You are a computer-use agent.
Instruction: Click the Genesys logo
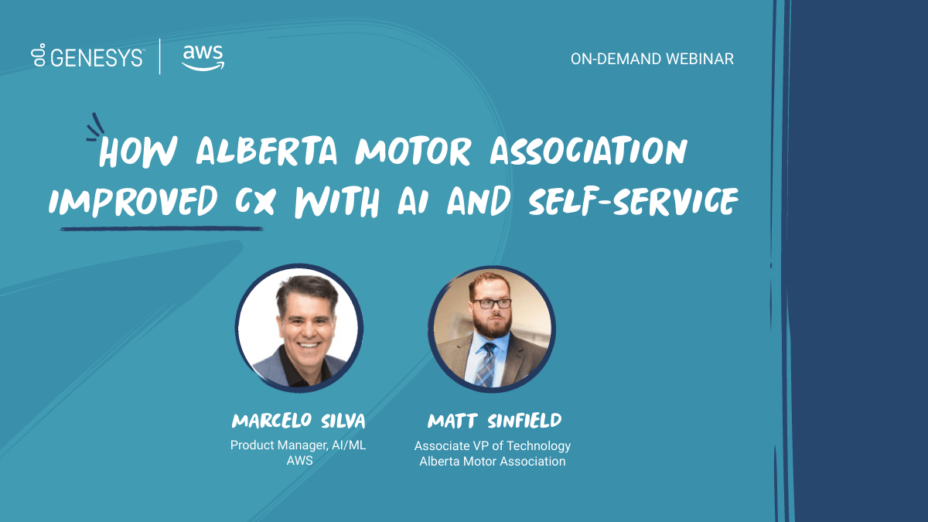(x=87, y=56)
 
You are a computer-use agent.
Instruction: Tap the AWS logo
(x=203, y=57)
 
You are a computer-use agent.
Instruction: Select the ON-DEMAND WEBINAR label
(x=652, y=60)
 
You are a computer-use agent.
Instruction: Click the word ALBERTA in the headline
(x=267, y=152)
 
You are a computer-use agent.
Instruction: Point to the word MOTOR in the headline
(x=414, y=152)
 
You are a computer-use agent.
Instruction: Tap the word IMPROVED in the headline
(x=133, y=202)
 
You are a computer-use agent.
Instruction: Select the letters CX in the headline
(x=254, y=202)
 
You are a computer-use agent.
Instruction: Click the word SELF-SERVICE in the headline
(x=633, y=201)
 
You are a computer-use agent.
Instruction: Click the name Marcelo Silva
(x=299, y=421)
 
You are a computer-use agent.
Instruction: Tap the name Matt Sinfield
(x=494, y=421)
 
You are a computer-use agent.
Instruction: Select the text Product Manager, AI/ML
(x=298, y=445)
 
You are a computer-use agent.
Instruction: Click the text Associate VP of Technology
(x=493, y=445)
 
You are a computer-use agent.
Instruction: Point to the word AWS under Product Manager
(x=299, y=461)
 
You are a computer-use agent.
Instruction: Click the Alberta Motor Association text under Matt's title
(x=492, y=461)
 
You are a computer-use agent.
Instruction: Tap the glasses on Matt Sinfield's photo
(x=492, y=303)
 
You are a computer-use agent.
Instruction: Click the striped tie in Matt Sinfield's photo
(x=485, y=365)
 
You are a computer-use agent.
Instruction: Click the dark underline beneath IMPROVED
(x=162, y=228)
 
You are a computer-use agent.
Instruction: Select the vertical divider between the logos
(x=160, y=56)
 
